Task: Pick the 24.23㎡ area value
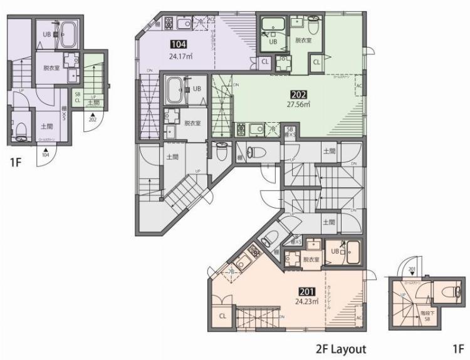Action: [308, 301]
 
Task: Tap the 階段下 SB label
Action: [426, 317]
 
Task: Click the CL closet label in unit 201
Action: [223, 317]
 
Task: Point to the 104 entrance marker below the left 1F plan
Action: [46, 153]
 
